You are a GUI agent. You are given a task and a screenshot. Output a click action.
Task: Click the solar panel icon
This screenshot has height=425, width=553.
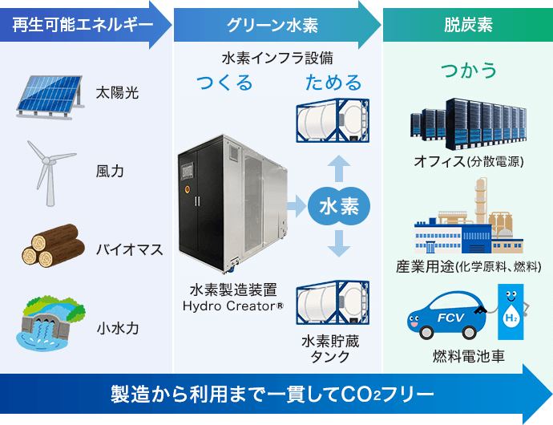click(x=47, y=93)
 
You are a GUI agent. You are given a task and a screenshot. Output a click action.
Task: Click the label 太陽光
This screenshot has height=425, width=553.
click(x=118, y=93)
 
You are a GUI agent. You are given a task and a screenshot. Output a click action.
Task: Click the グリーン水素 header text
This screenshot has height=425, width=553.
click(x=272, y=25)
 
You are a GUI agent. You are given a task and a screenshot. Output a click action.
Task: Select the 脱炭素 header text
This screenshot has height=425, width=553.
click(x=468, y=25)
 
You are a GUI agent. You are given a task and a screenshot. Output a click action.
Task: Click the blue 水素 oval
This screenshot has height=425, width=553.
click(x=339, y=206)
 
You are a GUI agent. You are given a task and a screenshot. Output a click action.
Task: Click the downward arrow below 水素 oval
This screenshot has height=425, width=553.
click(x=339, y=242)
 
